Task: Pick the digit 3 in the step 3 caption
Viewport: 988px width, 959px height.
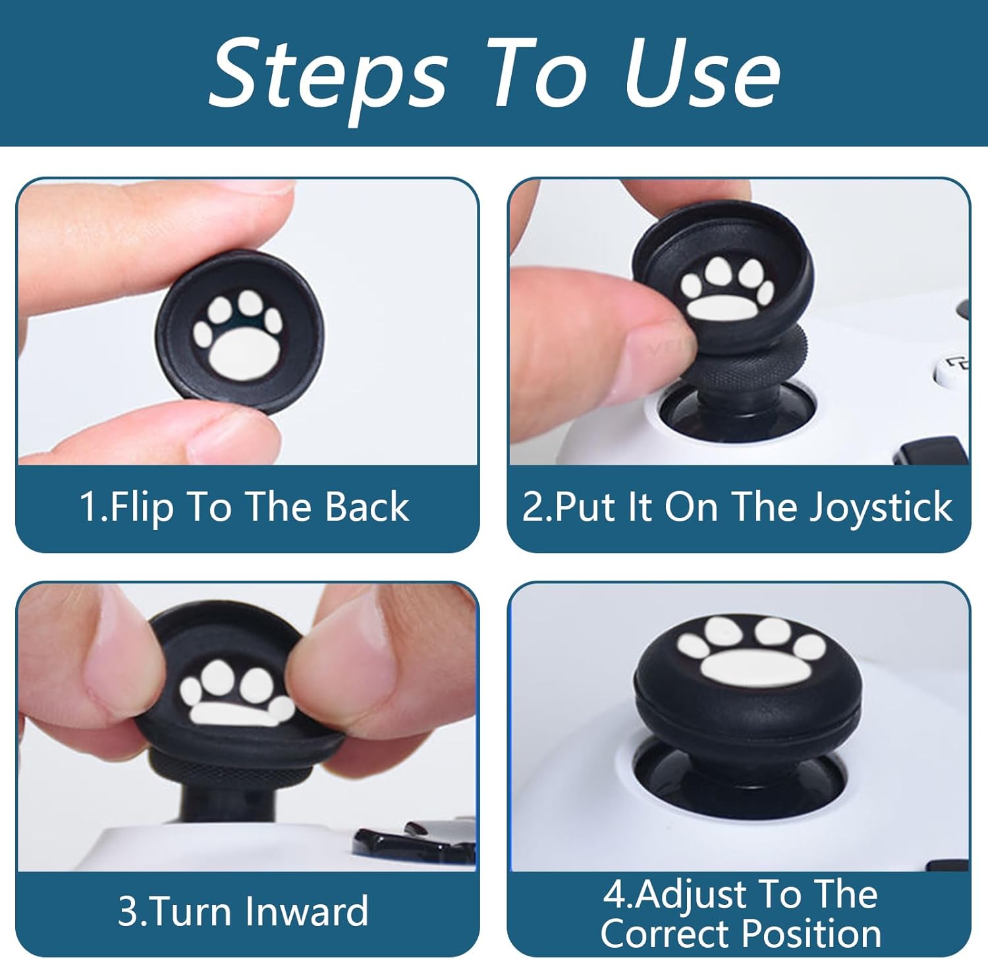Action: click(126, 912)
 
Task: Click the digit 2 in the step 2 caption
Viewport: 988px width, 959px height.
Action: click(532, 508)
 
